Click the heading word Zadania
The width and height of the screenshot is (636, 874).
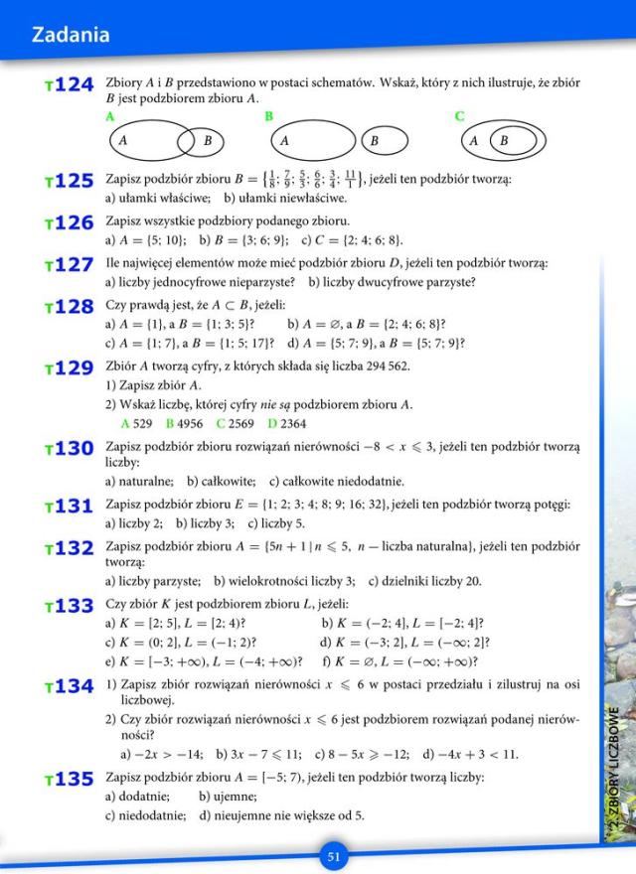pyautogui.click(x=70, y=36)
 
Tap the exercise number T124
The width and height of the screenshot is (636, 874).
pyautogui.click(x=70, y=86)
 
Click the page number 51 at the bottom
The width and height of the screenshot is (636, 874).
pyautogui.click(x=334, y=856)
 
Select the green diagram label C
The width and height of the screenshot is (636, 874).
pyautogui.click(x=459, y=116)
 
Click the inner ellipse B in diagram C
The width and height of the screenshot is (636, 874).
pyautogui.click(x=512, y=140)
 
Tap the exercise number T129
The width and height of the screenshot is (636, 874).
pyautogui.click(x=70, y=368)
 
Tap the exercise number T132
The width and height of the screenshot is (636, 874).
pyautogui.click(x=70, y=548)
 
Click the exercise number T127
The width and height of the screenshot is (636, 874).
pyautogui.click(x=70, y=265)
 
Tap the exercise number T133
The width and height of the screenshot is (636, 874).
pyautogui.click(x=70, y=606)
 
